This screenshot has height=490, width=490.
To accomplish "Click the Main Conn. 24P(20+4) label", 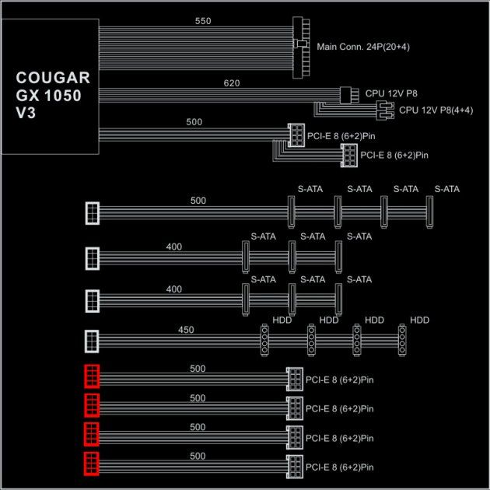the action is (x=363, y=47).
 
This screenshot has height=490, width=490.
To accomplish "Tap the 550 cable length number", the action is (x=203, y=21).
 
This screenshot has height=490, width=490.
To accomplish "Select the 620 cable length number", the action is (x=232, y=83).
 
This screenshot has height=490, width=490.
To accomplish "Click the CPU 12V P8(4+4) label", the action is (x=436, y=110).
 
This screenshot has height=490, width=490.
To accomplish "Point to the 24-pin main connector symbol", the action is (x=301, y=47).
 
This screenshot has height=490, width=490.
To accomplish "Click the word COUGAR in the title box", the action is (x=53, y=78).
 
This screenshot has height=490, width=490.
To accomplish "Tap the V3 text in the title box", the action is (x=26, y=113).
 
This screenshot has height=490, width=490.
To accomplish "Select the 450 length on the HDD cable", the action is (x=186, y=330).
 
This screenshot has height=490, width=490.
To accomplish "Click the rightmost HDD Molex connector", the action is (x=402, y=340).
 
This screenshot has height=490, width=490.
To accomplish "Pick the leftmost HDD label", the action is (x=282, y=320).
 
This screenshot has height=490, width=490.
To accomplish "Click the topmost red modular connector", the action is (x=92, y=376).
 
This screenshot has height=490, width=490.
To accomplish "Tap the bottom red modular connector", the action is (x=92, y=464).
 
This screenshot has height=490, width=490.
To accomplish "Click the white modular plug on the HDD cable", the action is (x=92, y=341).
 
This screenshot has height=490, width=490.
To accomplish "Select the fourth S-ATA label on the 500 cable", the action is (x=447, y=189).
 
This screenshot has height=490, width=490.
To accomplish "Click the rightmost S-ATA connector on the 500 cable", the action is (x=429, y=212).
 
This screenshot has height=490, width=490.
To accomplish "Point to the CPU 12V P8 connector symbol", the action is (x=349, y=95).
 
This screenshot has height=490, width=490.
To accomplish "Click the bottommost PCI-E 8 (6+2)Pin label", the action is (x=340, y=467).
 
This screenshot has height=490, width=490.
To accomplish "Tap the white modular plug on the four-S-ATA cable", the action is (x=93, y=213).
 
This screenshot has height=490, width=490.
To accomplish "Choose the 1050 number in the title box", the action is (x=63, y=96).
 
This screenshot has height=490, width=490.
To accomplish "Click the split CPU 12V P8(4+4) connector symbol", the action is (x=385, y=110).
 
